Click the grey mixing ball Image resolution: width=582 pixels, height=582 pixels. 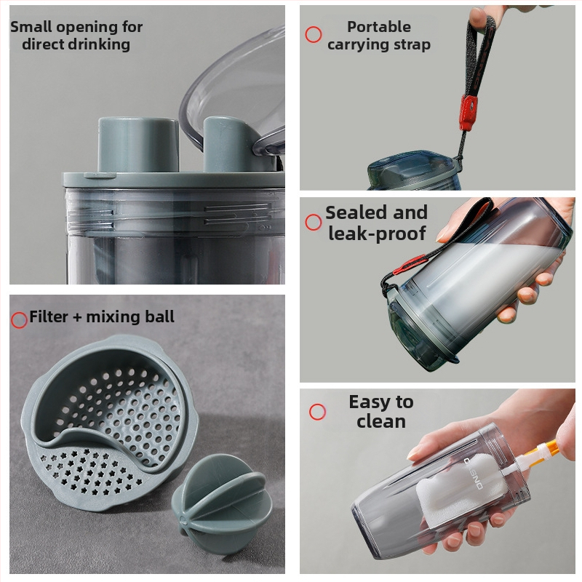[x=222, y=505]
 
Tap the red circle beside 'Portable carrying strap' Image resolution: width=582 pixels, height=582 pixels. [x=314, y=34]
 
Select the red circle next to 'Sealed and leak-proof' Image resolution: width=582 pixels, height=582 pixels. [x=314, y=223]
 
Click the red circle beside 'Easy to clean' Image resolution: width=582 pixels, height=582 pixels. [x=317, y=412]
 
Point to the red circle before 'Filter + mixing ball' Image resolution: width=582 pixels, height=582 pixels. [x=19, y=319]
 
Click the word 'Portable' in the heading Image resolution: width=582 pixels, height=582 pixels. [x=379, y=27]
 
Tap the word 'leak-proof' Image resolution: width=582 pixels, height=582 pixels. [x=377, y=234]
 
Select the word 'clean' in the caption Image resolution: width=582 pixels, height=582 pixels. [x=381, y=421]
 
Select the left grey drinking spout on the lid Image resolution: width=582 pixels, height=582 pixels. [x=137, y=145]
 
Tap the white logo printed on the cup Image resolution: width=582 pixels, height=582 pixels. [x=474, y=474]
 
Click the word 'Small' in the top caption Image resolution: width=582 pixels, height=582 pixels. [x=31, y=27]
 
